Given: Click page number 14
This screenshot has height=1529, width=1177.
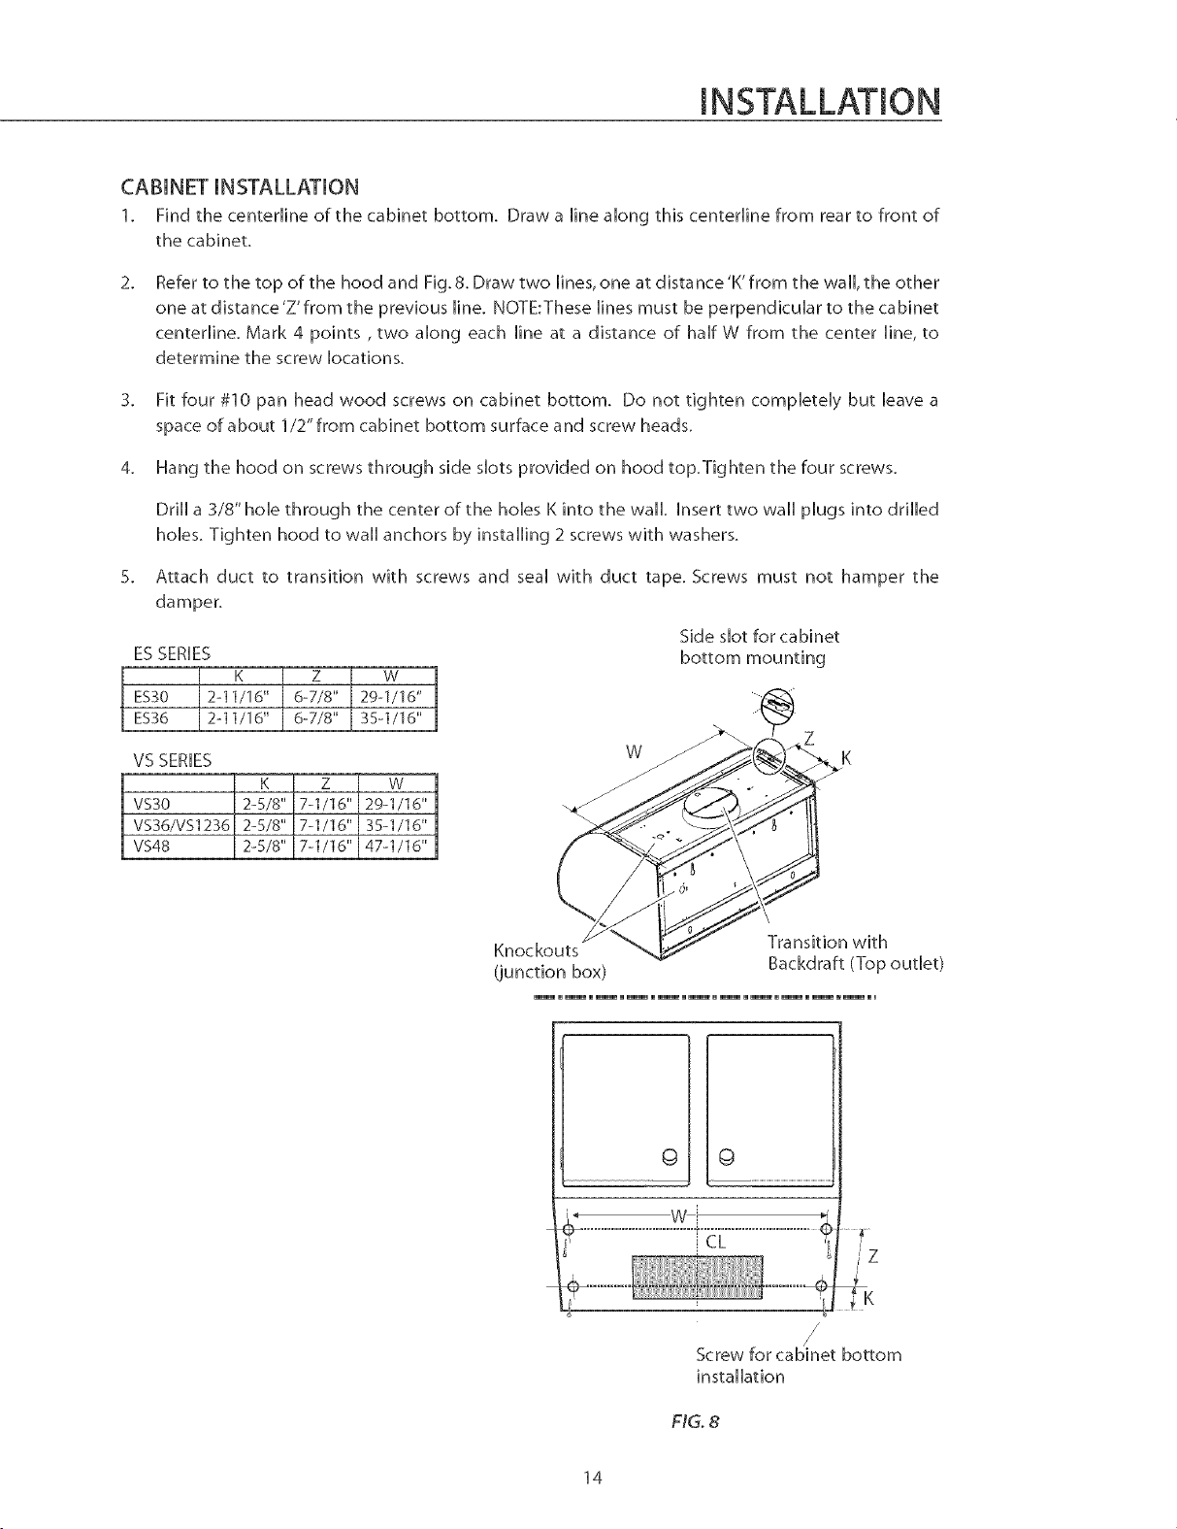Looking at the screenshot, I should (594, 1478).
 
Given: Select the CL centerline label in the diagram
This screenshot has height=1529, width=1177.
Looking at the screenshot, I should (716, 1242).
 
